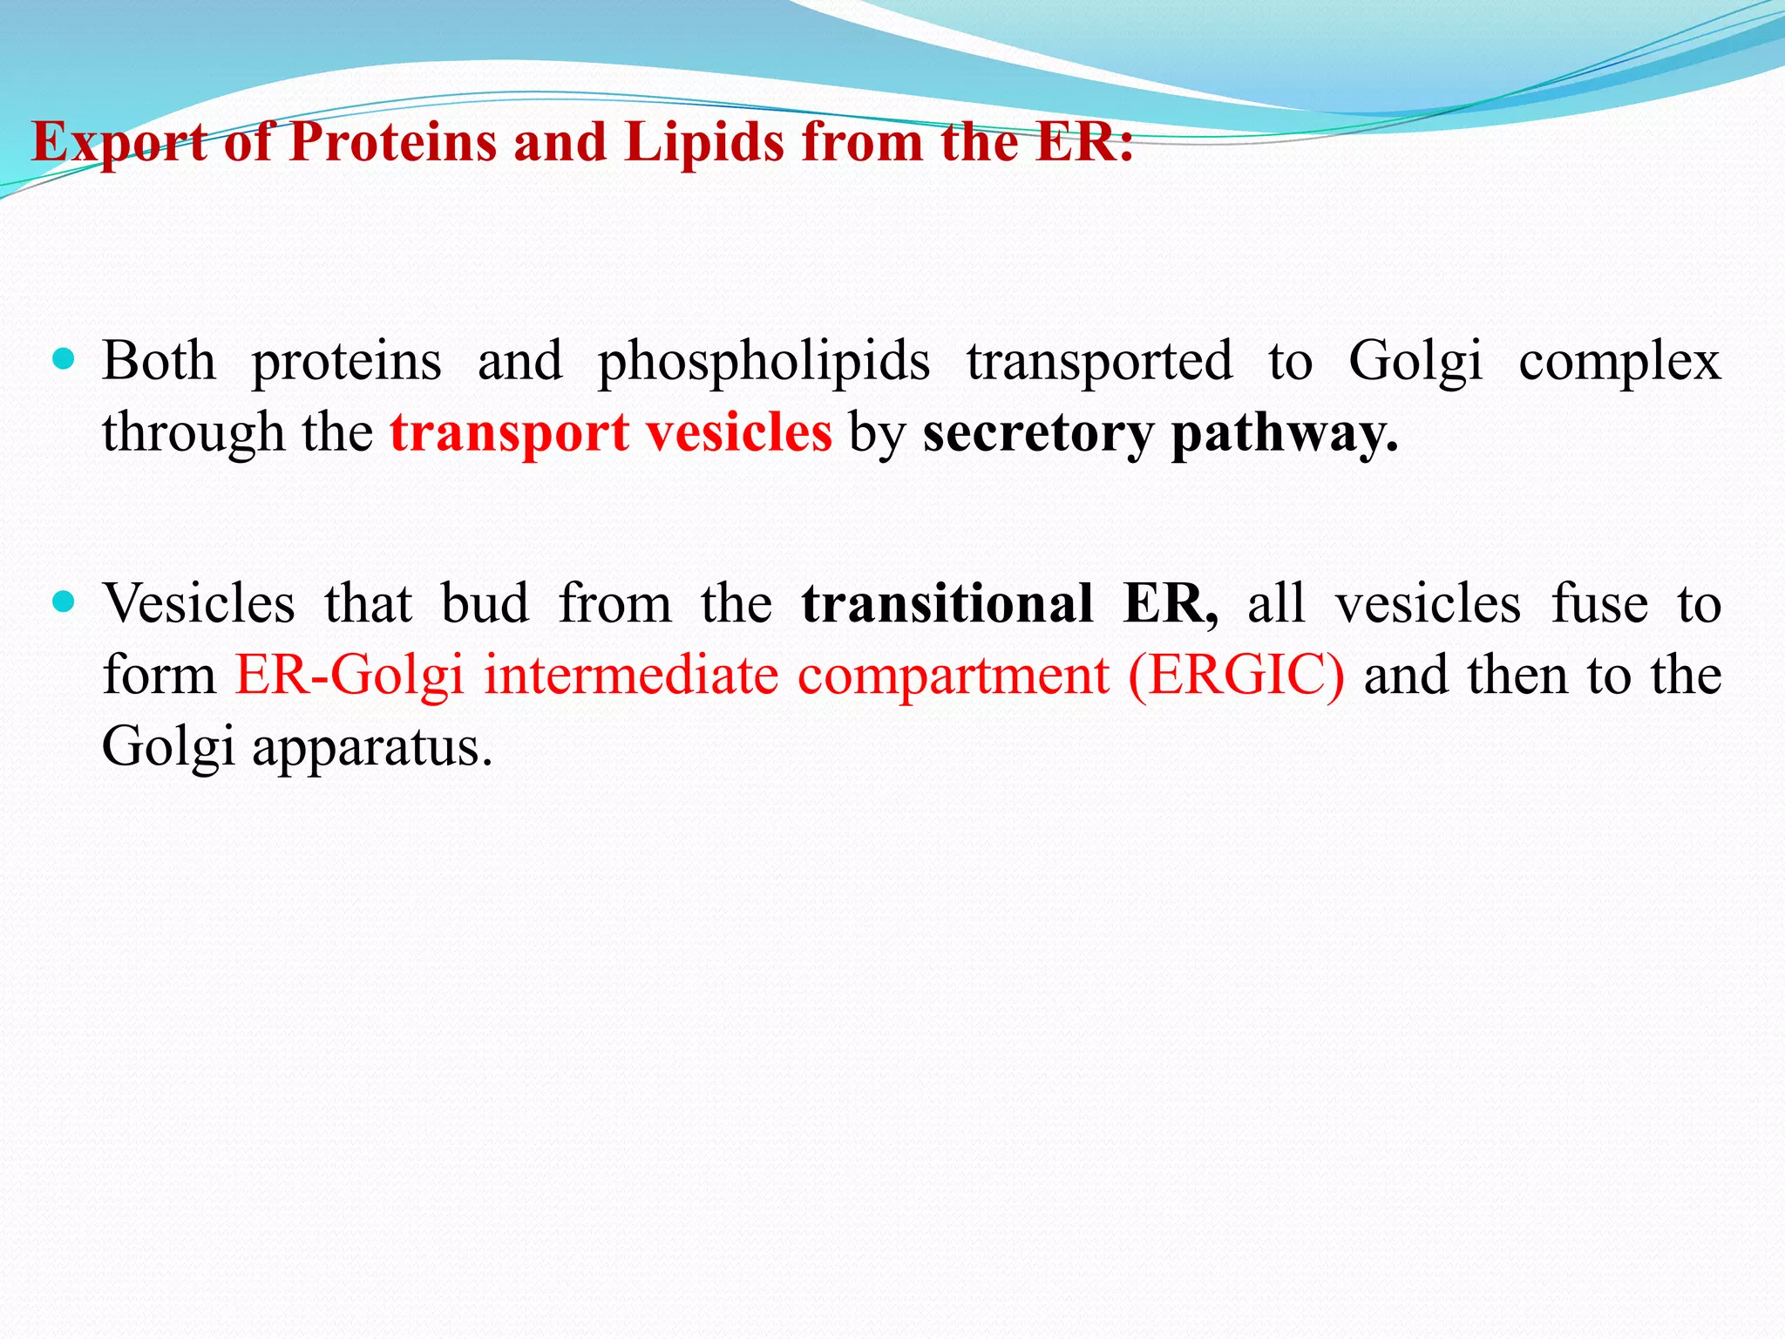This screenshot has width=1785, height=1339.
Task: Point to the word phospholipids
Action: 764,363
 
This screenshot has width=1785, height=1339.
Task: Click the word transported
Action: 1099,361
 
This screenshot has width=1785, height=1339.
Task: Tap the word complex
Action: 1619,363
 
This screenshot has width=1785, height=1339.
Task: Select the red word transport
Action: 509,433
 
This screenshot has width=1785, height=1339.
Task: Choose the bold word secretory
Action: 1037,433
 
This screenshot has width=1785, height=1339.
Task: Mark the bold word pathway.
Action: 1283,433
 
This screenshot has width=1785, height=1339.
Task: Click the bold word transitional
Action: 947,603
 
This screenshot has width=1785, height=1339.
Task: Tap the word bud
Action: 485,603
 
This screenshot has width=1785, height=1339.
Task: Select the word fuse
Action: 1599,603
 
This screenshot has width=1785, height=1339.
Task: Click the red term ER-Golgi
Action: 349,676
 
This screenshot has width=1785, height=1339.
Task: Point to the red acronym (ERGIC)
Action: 1236,676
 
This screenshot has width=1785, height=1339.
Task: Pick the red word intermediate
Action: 631,676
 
